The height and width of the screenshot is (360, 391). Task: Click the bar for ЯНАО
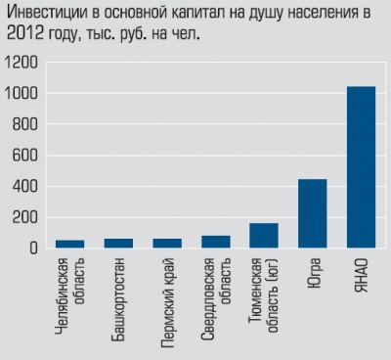pyautogui.click(x=361, y=167)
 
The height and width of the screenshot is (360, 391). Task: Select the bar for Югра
pyautogui.click(x=312, y=213)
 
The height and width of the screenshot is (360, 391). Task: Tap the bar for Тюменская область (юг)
pyautogui.click(x=263, y=236)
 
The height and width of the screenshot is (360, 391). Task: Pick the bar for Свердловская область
pyautogui.click(x=215, y=242)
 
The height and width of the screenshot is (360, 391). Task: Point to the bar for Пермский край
pyautogui.click(x=167, y=244)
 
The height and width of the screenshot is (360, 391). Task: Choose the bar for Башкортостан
pyautogui.click(x=119, y=244)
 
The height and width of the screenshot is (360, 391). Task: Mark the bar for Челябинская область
pyautogui.click(x=70, y=245)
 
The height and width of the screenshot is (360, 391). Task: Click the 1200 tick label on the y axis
pyautogui.click(x=22, y=62)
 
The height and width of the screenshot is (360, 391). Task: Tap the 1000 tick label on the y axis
pyautogui.click(x=22, y=93)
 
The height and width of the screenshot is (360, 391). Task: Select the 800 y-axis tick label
pyautogui.click(x=25, y=124)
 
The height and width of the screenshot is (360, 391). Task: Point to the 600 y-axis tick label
pyautogui.click(x=25, y=156)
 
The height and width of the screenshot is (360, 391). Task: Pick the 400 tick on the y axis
pyautogui.click(x=25, y=186)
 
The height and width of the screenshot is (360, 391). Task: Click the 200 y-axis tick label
pyautogui.click(x=25, y=217)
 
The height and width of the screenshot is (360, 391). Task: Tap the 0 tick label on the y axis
pyautogui.click(x=33, y=248)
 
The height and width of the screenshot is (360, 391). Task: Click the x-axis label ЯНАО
pyautogui.click(x=360, y=276)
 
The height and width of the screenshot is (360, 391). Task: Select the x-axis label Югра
pyautogui.click(x=312, y=274)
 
